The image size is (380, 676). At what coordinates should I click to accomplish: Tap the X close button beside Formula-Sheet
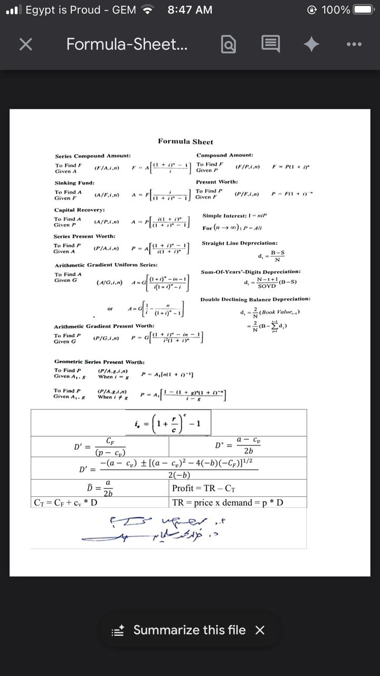coord(25,45)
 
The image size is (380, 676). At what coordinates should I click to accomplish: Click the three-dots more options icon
coord(354,45)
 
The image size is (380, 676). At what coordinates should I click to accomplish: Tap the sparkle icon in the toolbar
coord(311,45)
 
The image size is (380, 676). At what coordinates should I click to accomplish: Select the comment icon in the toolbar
coord(270,45)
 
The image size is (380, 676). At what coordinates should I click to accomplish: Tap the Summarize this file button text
coord(189,630)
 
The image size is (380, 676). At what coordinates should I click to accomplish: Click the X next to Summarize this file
coord(260,630)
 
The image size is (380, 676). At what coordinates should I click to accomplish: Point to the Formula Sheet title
coord(185,142)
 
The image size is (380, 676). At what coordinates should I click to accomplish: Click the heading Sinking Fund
coord(74,183)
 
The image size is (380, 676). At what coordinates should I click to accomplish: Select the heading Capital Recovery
coord(79,210)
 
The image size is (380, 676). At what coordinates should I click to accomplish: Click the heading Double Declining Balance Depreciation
coord(255,299)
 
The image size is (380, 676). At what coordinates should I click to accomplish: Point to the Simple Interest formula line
coord(234,215)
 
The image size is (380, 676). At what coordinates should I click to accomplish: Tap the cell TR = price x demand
coord(227,502)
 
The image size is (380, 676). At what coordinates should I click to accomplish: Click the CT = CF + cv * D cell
coord(65,502)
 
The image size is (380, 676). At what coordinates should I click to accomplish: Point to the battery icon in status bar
coord(364,10)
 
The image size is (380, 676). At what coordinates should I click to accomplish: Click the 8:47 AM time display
coord(189,10)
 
